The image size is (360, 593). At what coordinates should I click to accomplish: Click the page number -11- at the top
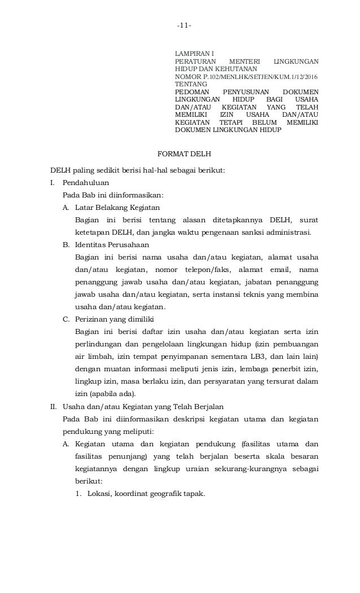click(x=184, y=26)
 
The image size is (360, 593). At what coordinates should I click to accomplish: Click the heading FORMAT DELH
click(x=184, y=154)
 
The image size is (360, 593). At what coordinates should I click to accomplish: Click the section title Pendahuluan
click(x=86, y=183)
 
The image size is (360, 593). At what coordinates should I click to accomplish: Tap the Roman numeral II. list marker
click(x=55, y=406)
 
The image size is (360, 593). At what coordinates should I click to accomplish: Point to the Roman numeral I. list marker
click(x=53, y=183)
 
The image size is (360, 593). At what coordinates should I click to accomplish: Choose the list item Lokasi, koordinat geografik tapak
click(x=142, y=494)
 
